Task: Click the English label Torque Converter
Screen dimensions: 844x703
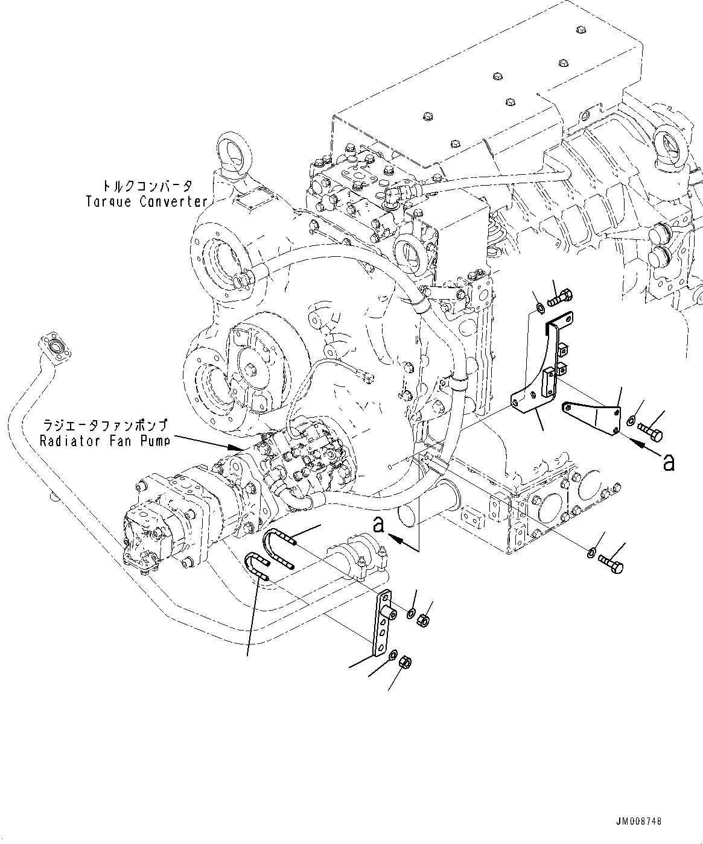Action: click(147, 201)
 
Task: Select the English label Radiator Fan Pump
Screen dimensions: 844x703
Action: click(104, 441)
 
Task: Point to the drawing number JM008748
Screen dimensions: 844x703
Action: click(639, 822)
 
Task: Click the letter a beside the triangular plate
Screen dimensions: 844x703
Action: click(668, 463)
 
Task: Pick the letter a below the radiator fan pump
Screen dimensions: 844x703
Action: click(378, 525)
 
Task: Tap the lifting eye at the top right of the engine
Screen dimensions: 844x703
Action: click(668, 144)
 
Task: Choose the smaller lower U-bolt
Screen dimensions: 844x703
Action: click(256, 567)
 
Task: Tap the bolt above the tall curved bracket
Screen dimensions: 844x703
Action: click(560, 297)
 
